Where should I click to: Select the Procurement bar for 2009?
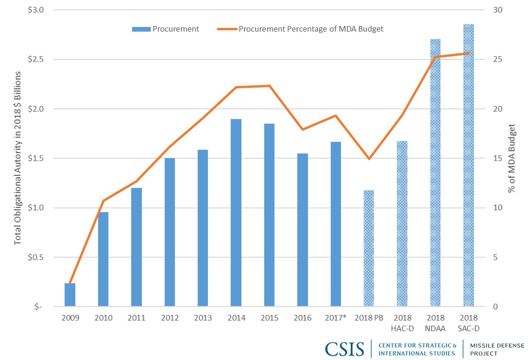click(70, 295)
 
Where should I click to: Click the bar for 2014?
click(236, 213)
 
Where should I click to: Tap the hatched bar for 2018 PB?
click(369, 248)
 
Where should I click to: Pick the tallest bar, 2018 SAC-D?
click(468, 165)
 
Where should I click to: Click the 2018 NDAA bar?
click(435, 172)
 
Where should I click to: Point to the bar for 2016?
click(303, 230)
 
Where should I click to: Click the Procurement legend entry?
click(166, 29)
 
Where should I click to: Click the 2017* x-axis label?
click(336, 318)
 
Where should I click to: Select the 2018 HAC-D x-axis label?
click(402, 322)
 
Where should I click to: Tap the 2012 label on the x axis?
click(170, 318)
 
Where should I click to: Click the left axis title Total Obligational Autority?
click(18, 158)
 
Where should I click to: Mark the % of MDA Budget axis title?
click(512, 158)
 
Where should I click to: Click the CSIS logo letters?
click(345, 349)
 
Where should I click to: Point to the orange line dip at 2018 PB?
click(369, 158)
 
